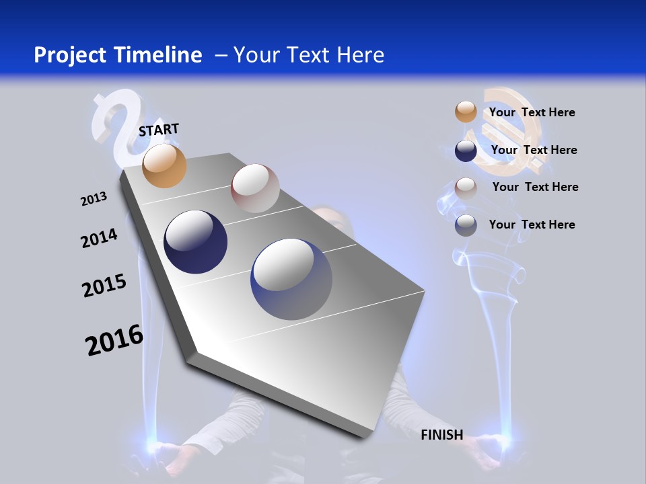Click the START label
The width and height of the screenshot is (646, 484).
159,129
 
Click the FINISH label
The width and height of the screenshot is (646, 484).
441,435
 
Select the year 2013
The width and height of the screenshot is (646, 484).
94,199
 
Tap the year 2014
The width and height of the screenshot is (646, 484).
99,239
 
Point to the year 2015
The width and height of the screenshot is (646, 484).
104,286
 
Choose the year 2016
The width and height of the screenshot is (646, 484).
114,340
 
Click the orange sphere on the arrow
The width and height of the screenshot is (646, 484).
165,165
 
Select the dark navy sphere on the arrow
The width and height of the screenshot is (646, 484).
195,242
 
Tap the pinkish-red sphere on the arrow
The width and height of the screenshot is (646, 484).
255,188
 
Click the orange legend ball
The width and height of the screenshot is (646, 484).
466,112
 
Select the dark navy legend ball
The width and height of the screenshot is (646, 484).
466,151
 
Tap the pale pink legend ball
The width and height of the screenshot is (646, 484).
466,188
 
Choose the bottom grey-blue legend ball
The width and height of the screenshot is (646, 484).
466,225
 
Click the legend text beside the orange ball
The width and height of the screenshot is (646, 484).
532,112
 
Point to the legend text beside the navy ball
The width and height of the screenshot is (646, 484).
534,150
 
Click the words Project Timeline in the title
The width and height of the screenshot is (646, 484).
118,55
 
